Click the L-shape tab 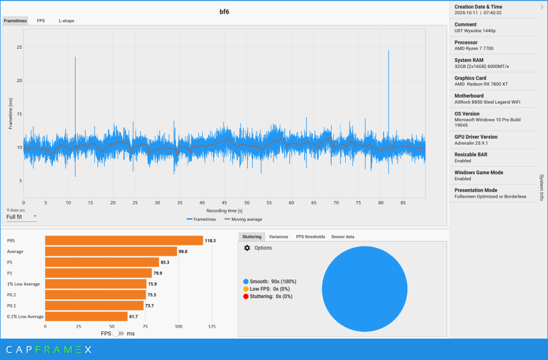pos(66,21)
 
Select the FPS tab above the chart pos(41,21)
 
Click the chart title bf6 pos(224,12)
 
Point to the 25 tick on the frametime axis pos(19,47)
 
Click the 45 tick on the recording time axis pos(225,203)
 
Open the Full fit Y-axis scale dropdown pos(21,216)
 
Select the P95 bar pos(124,241)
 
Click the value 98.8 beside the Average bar pos(184,252)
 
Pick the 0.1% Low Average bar pos(86,316)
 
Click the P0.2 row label pos(12,295)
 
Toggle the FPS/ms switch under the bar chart pos(118,333)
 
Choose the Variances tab pos(278,237)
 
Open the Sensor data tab pos(342,237)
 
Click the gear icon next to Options pos(247,248)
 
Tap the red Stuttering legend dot pos(246,296)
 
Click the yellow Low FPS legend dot pos(246,289)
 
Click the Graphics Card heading pos(470,78)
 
